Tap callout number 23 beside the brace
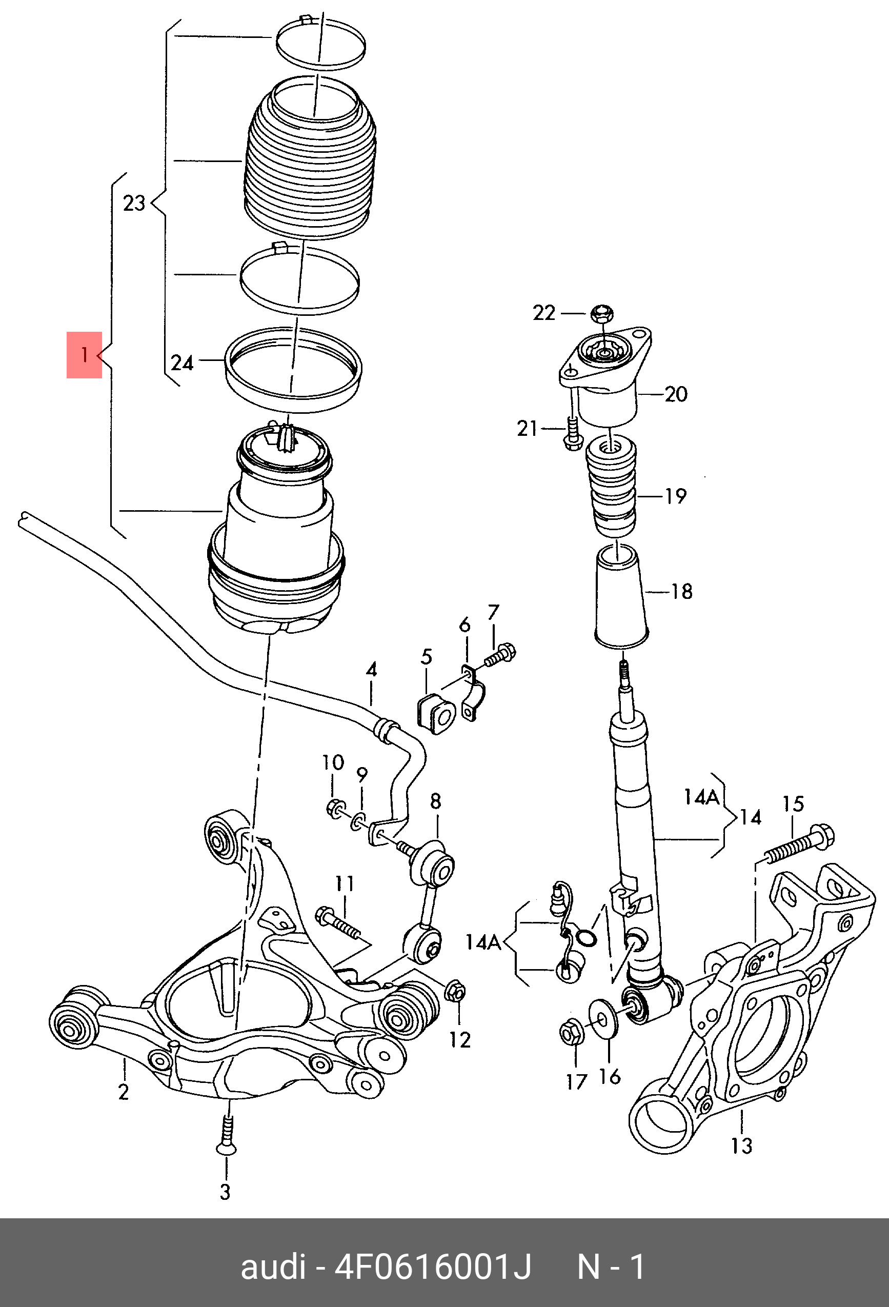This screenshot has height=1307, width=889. (134, 203)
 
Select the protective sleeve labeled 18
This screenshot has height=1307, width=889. (621, 596)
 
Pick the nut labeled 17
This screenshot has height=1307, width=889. (573, 1031)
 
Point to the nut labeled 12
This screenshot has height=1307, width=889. (455, 992)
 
